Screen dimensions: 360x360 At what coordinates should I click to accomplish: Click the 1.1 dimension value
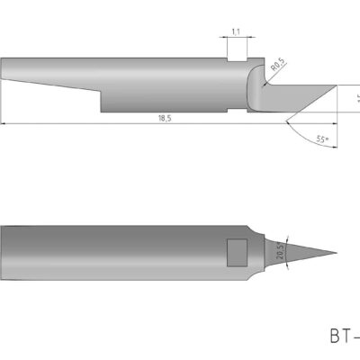pyautogui.click(x=236, y=31)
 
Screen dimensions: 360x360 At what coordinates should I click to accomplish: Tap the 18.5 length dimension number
pyautogui.click(x=165, y=119)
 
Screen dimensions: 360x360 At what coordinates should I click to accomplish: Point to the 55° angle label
pyautogui.click(x=321, y=139)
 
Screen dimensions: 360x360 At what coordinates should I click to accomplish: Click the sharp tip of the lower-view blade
pyautogui.click(x=335, y=253)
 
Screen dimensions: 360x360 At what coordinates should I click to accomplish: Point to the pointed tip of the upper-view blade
pyautogui.click(x=336, y=88)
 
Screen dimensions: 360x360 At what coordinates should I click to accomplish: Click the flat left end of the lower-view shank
pyautogui.click(x=3, y=252)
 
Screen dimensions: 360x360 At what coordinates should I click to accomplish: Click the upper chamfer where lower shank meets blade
pyautogui.click(x=256, y=231)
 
